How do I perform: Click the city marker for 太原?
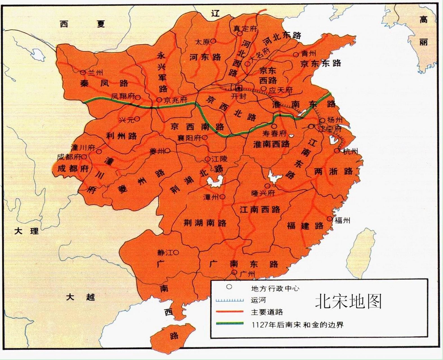pyautogui.click(x=213, y=41)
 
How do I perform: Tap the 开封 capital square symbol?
pyautogui.click(x=239, y=88)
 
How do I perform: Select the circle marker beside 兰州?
pyautogui.click(x=83, y=73)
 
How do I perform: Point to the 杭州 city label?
pyautogui.click(x=350, y=151)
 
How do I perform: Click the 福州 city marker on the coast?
pyautogui.click(x=330, y=219)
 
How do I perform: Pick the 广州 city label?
pyautogui.click(x=248, y=274)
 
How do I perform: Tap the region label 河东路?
pyautogui.click(x=205, y=57)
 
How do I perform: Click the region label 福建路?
pyautogui.click(x=305, y=226)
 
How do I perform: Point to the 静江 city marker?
pyautogui.click(x=176, y=253)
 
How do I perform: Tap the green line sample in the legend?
pyautogui.click(x=230, y=323)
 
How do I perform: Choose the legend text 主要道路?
pyautogui.click(x=267, y=312)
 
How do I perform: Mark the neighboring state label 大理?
pyautogui.click(x=26, y=231)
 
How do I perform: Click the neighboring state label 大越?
pyautogui.click(x=80, y=297)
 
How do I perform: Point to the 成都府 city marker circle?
pyautogui.click(x=84, y=157)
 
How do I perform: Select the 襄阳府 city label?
pyautogui.click(x=189, y=138)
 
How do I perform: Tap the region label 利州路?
pyautogui.click(x=122, y=136)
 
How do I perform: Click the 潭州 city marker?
pyautogui.click(x=222, y=197)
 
